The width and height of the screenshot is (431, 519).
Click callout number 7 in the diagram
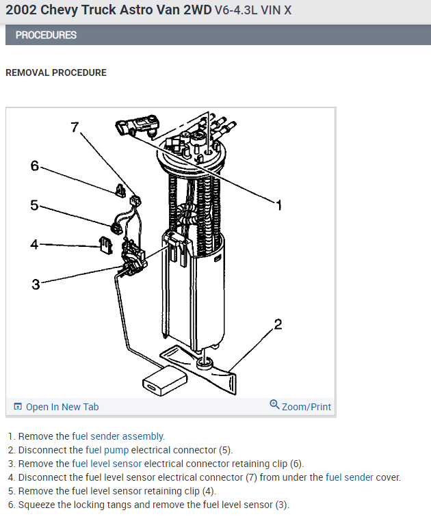click(x=75, y=127)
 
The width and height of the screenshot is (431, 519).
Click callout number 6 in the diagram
click(x=35, y=166)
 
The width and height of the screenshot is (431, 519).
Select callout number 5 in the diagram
click(x=34, y=204)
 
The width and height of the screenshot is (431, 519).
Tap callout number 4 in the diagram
click(x=34, y=243)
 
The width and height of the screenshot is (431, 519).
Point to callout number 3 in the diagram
click(x=36, y=284)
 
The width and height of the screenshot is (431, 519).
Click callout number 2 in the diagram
click(x=278, y=323)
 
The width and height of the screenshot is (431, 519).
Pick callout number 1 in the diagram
click(x=279, y=204)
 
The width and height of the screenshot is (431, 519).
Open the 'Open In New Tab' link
click(x=62, y=407)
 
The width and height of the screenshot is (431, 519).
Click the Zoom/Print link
click(x=306, y=407)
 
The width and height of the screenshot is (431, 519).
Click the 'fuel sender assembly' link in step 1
click(x=118, y=436)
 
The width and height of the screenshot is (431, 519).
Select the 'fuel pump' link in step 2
click(x=107, y=450)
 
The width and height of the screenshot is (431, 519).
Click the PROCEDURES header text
click(x=46, y=35)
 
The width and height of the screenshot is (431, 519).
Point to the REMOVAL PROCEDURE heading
click(x=56, y=72)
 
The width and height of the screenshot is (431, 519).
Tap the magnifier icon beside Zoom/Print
click(x=275, y=405)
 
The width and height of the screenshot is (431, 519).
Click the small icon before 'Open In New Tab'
click(x=18, y=407)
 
